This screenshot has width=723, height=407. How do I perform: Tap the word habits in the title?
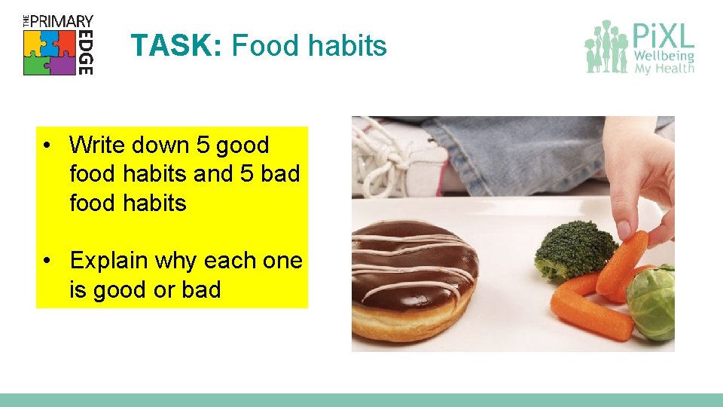(x=346, y=46)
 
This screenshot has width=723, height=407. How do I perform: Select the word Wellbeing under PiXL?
(x=664, y=56)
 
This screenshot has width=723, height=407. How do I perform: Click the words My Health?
(x=664, y=69)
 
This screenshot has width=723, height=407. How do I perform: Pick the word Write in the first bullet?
(x=98, y=145)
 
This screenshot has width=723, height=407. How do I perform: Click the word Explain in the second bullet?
(x=108, y=261)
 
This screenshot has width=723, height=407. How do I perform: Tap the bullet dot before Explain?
(x=47, y=261)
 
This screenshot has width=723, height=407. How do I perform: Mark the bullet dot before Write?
(x=47, y=145)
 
